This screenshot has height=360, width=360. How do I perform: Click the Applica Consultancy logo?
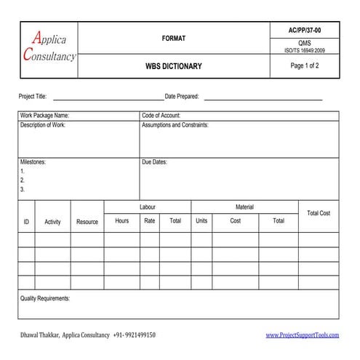tap(49, 47)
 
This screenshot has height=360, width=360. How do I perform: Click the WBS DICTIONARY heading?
tap(174, 66)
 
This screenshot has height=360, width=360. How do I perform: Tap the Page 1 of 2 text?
tap(305, 65)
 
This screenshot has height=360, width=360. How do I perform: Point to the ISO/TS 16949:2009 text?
tap(305, 50)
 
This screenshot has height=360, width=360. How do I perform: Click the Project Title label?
tap(32, 97)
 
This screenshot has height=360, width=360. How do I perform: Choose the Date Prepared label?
tap(182, 97)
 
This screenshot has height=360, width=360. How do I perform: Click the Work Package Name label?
tap(44, 116)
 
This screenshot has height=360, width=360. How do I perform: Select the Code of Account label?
tap(161, 116)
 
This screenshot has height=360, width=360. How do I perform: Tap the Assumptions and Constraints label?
tap(175, 125)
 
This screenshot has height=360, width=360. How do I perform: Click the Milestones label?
tap(33, 162)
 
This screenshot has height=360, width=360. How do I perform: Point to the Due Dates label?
tap(154, 162)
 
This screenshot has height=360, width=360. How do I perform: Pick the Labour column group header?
tap(147, 207)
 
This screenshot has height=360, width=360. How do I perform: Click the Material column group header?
tap(244, 207)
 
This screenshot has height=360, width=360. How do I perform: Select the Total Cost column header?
tap(319, 213)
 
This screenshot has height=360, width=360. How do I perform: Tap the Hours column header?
tap(122, 221)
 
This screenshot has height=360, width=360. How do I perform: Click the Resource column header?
tap(87, 222)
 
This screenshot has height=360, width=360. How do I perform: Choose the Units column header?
tap(201, 221)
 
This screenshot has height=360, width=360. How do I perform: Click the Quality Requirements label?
tap(44, 299)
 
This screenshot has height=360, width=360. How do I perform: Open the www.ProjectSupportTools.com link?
tap(303, 335)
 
